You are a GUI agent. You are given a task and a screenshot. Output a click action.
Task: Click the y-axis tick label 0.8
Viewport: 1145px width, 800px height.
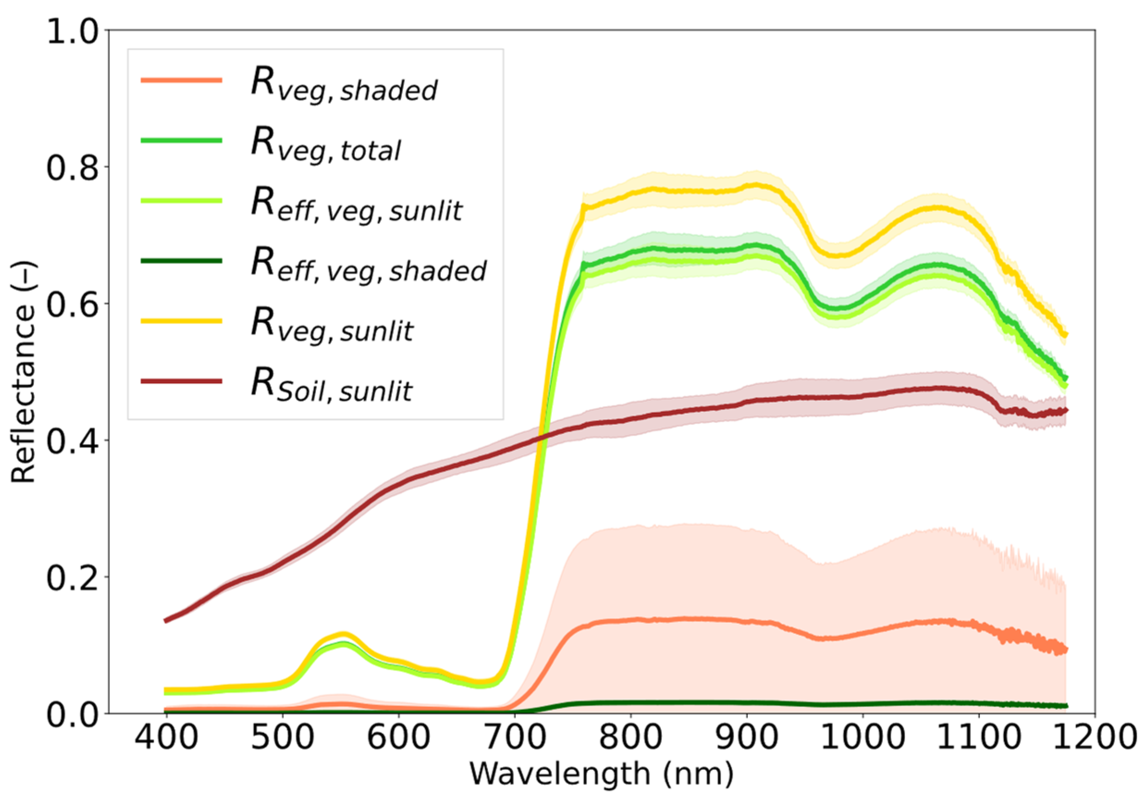pos(72,167)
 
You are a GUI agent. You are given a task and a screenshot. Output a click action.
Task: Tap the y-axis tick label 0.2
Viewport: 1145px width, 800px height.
pos(72,577)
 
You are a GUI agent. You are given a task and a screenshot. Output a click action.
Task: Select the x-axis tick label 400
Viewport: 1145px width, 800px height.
pos(166,737)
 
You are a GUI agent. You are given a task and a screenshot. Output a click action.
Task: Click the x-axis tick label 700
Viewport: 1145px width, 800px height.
pos(514,737)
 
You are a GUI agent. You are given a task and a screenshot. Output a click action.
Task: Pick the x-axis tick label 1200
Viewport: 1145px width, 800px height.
pos(1094,737)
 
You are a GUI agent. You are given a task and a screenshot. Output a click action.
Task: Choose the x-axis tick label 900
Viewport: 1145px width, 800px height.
pos(747,737)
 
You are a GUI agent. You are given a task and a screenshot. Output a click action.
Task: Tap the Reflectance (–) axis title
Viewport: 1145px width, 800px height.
pos(23,371)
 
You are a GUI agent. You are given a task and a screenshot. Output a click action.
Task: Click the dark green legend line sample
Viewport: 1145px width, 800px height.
pos(182,261)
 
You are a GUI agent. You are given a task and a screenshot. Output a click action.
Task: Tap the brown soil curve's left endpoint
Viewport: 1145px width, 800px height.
pos(166,620)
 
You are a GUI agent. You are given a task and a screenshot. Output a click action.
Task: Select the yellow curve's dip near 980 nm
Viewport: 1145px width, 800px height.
pos(838,255)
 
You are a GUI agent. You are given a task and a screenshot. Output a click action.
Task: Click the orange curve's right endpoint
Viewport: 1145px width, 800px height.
pos(1065,649)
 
